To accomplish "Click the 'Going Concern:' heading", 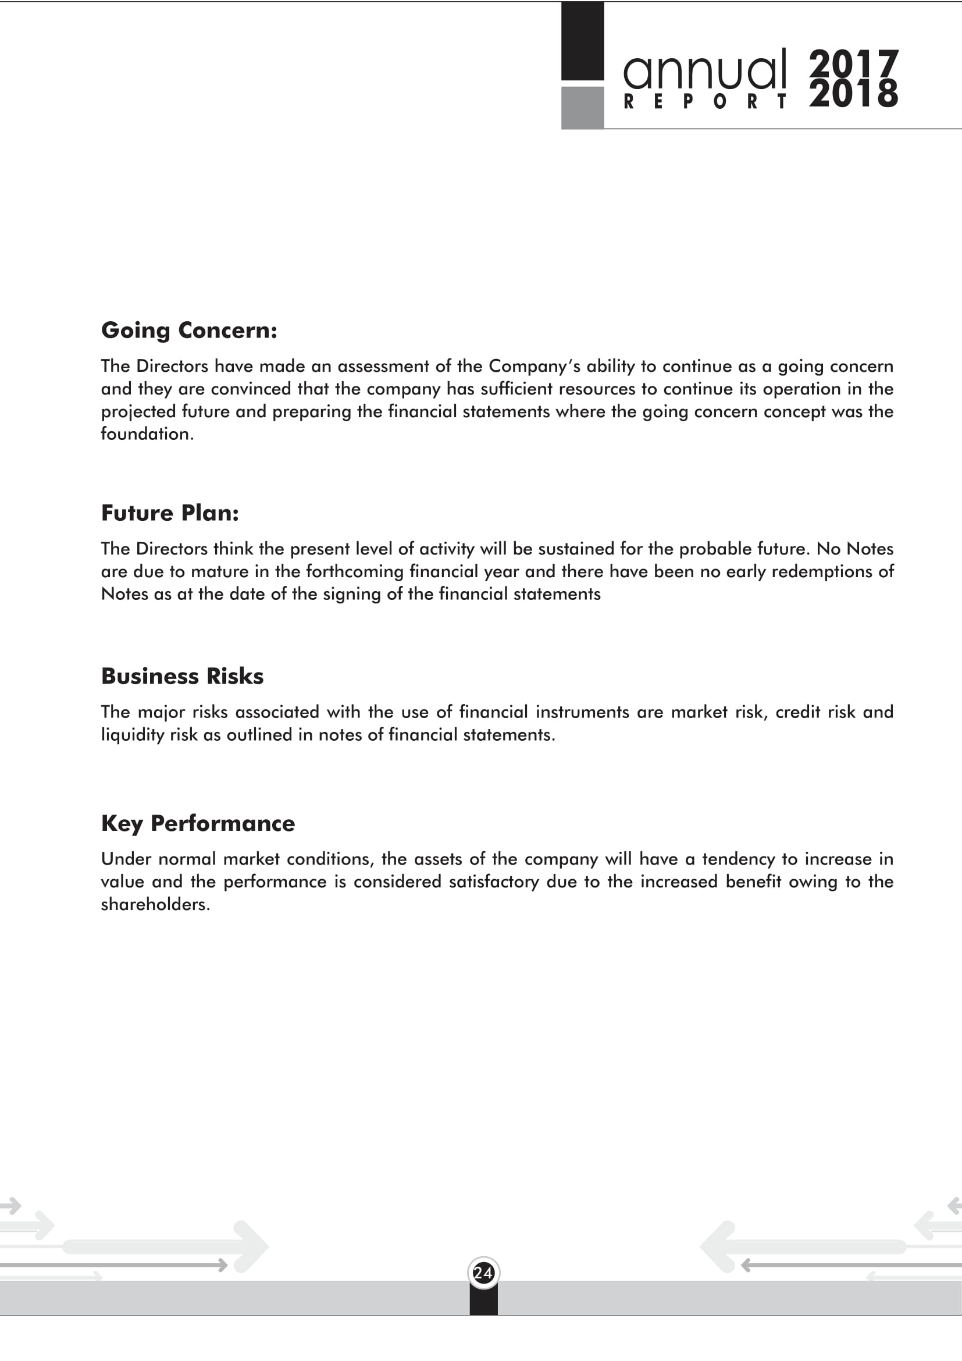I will pyautogui.click(x=189, y=331).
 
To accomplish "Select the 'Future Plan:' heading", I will pyautogui.click(x=170, y=513).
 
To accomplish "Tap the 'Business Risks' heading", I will pyautogui.click(x=183, y=676).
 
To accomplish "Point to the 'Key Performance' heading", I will pyautogui.click(x=198, y=824).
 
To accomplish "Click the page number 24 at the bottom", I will pyautogui.click(x=483, y=1273).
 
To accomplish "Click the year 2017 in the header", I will pyautogui.click(x=854, y=63).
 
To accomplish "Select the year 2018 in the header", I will pyautogui.click(x=854, y=94).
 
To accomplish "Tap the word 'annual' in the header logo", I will pyautogui.click(x=705, y=70).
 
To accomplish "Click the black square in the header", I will pyautogui.click(x=582, y=41).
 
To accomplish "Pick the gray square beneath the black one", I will pyautogui.click(x=582, y=107).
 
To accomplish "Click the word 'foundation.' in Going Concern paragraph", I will pyautogui.click(x=148, y=434).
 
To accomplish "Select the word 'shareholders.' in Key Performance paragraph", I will pyautogui.click(x=156, y=905).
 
